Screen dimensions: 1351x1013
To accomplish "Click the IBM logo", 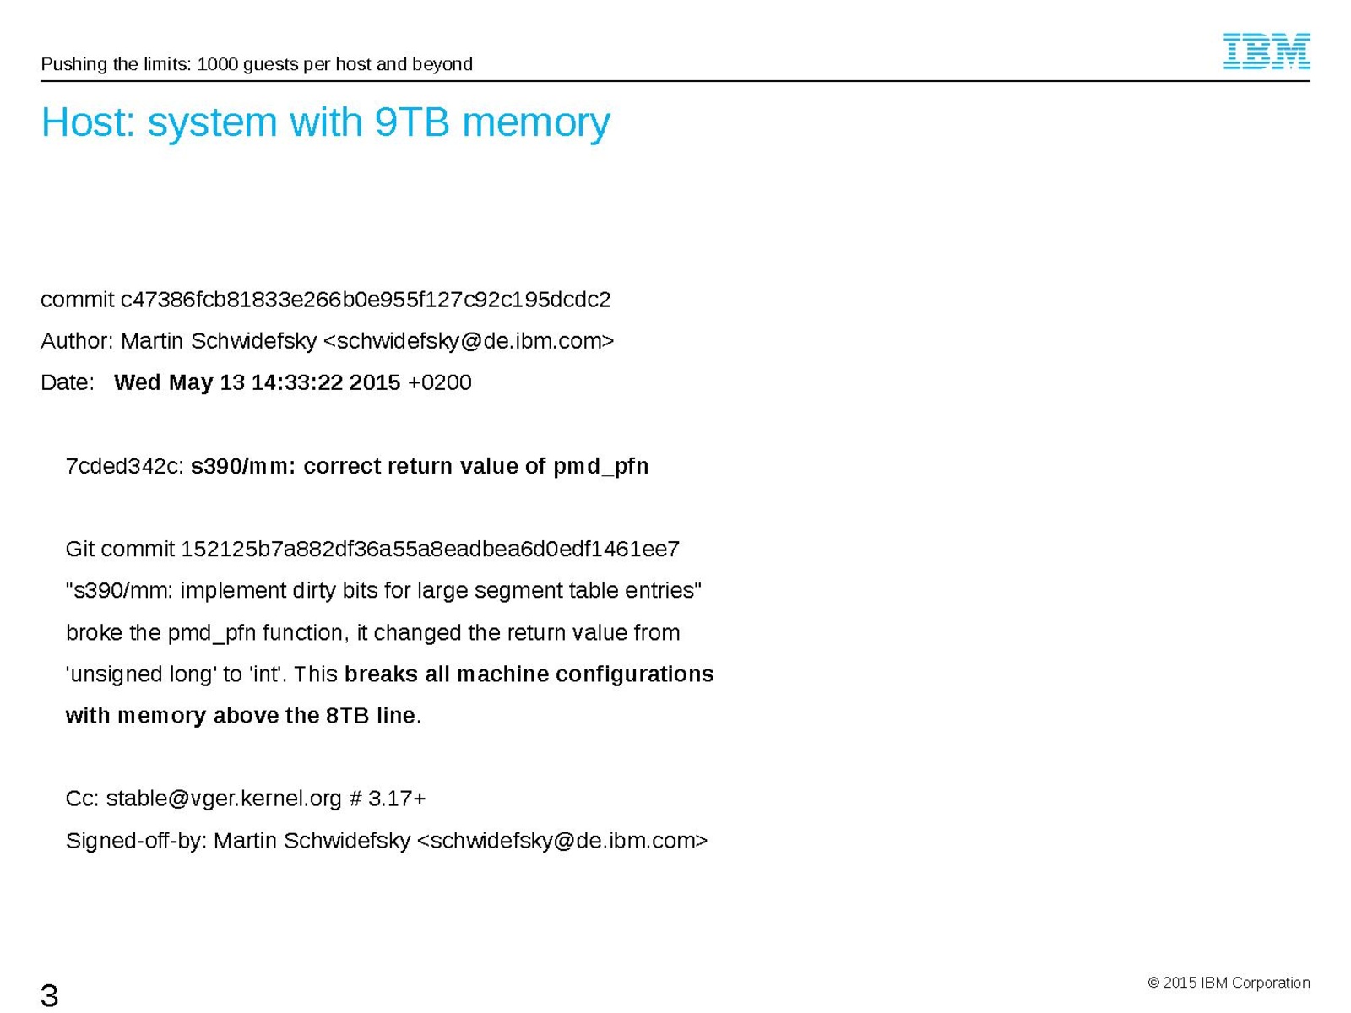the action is (x=1266, y=51).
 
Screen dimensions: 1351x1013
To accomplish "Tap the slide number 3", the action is (x=49, y=994).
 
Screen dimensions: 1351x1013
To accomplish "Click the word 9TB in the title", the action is (x=412, y=122).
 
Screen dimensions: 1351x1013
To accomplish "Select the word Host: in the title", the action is (x=88, y=122).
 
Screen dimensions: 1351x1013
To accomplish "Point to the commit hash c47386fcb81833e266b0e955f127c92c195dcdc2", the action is (x=365, y=300).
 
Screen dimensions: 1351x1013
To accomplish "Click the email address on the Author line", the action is (x=469, y=341).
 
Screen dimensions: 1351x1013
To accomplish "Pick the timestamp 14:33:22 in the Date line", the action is (x=296, y=382).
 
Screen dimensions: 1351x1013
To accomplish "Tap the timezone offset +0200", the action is (x=439, y=382).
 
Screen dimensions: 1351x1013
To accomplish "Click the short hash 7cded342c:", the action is (x=125, y=466).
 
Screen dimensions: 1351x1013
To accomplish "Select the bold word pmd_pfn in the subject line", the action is (x=600, y=467).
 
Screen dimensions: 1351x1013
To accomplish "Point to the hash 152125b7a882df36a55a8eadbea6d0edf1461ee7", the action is (x=430, y=549).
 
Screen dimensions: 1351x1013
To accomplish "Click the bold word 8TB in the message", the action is (x=348, y=715).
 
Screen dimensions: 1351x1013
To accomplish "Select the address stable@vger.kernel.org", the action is (x=224, y=799).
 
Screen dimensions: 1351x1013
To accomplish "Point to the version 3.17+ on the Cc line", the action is (x=396, y=799).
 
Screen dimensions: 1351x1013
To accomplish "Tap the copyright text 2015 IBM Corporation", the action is (x=1236, y=983).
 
